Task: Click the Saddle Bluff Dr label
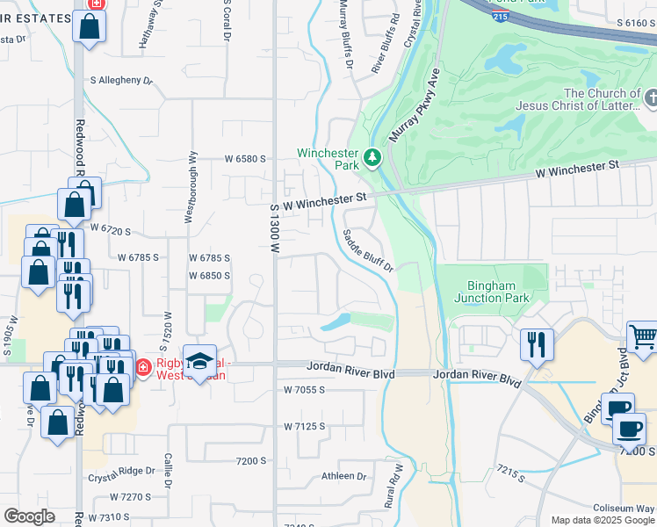pos(367,250)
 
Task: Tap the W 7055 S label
pos(305,389)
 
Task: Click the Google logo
pos(29,516)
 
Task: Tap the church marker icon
pos(651,97)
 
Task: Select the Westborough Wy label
pos(190,190)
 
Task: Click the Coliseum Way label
pos(624,508)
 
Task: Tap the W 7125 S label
pos(305,426)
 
